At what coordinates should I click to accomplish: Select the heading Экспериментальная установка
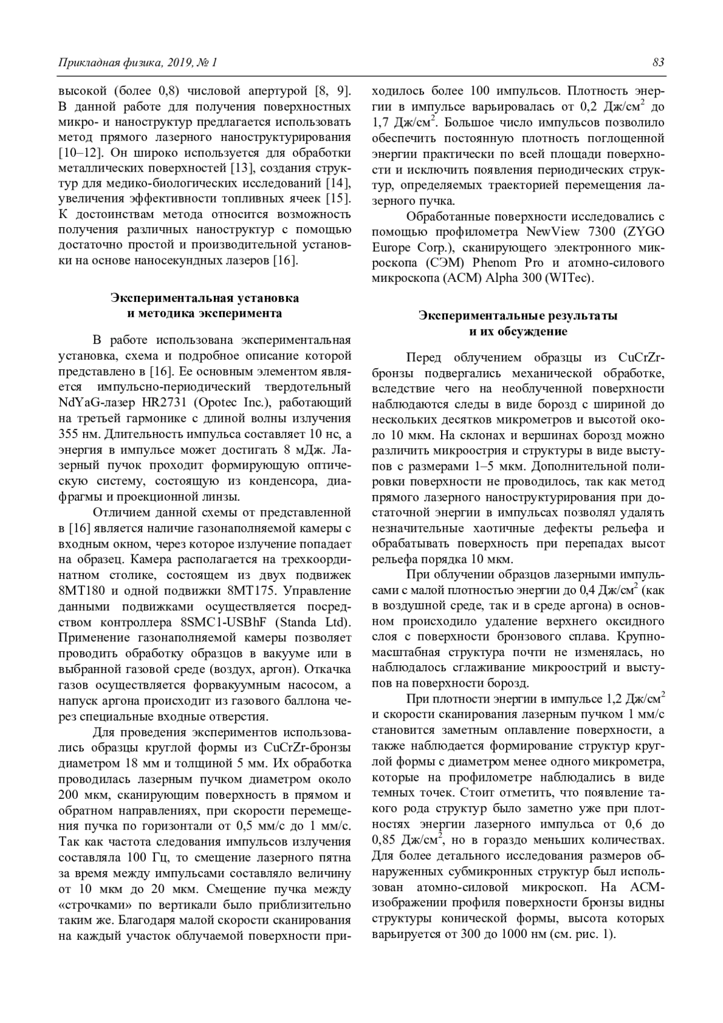(204, 298)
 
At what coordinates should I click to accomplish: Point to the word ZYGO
(643, 232)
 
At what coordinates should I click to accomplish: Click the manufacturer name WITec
(572, 278)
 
